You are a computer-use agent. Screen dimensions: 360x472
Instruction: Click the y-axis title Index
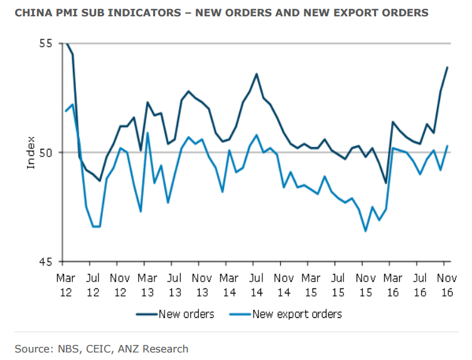[31, 153]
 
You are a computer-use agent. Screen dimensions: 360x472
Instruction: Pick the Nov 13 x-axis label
[202, 283]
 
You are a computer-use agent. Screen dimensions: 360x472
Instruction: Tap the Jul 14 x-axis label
[256, 283]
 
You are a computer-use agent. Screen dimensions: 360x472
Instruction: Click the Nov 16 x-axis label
[446, 283]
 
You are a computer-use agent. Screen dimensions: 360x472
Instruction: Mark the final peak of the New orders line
[447, 67]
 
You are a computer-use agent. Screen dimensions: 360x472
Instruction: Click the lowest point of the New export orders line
[365, 231]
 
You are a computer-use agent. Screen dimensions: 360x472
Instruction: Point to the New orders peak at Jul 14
[256, 74]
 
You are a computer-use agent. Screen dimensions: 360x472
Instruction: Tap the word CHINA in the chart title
[33, 13]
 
